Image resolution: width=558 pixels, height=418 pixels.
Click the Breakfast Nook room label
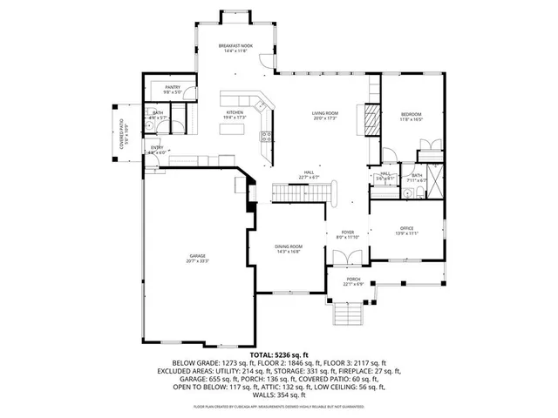(x=235, y=45)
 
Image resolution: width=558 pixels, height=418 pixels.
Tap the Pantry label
(x=171, y=88)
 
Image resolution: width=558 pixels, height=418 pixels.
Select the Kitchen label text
(x=235, y=112)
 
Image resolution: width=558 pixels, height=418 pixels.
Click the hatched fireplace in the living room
(x=371, y=118)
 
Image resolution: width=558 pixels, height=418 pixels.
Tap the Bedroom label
(x=411, y=114)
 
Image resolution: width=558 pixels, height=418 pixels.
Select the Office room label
(x=406, y=229)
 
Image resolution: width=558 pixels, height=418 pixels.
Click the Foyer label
(x=347, y=232)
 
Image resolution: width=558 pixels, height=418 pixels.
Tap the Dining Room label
(x=288, y=246)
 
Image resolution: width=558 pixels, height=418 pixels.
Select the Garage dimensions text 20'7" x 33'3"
(x=197, y=261)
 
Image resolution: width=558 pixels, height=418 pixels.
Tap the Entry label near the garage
(x=157, y=148)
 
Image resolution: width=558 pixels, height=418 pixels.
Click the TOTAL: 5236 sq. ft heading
(x=278, y=355)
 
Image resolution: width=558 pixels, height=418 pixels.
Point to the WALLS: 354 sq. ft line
(x=278, y=394)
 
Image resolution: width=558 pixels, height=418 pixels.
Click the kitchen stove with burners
(x=265, y=137)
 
